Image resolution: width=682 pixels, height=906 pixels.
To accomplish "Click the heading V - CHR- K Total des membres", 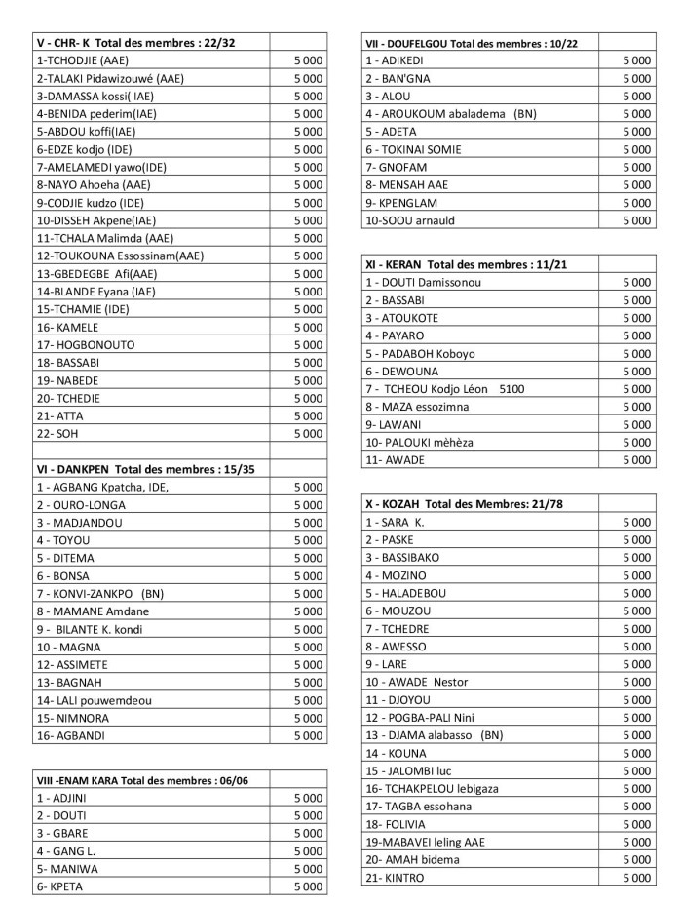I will click(135, 43).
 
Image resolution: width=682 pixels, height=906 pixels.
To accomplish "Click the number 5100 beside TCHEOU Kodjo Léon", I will click(511, 388).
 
